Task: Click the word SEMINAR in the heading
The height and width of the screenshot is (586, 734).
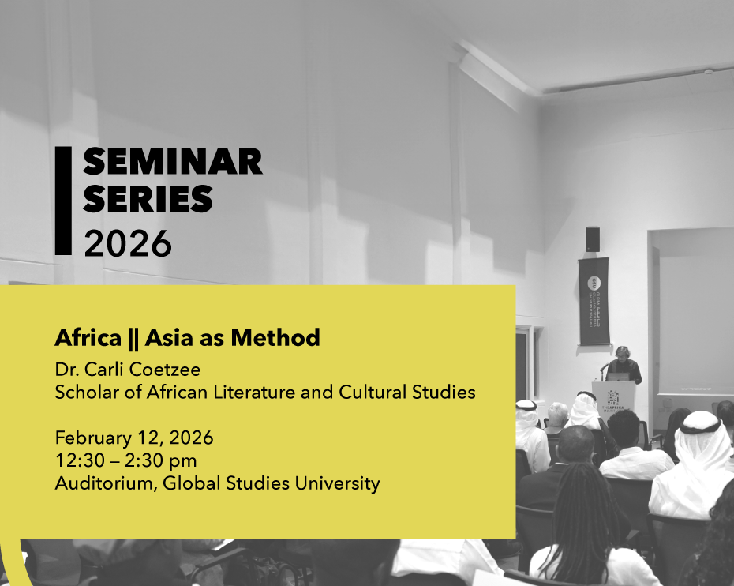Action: pos(172,162)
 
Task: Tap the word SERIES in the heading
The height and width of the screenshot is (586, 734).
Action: pos(148,198)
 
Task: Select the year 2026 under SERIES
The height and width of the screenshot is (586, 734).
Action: pos(128,243)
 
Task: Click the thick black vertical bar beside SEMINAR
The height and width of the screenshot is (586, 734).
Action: pos(63,201)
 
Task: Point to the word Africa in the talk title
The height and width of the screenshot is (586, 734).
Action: pos(88,338)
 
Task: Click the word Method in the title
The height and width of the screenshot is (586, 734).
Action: pos(275,338)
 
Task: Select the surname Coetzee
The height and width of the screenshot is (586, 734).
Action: pos(164,370)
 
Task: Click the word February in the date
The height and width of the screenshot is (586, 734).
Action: pos(93,438)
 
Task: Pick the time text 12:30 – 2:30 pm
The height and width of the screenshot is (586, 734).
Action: pos(125,460)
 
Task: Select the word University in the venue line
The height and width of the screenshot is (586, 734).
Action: pos(337,483)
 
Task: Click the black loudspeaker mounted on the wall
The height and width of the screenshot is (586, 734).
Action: pos(593,239)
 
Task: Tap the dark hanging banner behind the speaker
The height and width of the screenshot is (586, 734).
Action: pos(594,301)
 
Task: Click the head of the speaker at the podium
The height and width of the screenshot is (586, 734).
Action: pos(622,353)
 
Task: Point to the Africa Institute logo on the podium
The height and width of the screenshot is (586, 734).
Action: pos(612,401)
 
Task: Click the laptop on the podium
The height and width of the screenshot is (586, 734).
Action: pos(617,377)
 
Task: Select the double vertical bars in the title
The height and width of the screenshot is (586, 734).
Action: pos(133,338)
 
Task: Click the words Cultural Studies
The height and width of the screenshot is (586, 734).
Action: pos(406,392)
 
